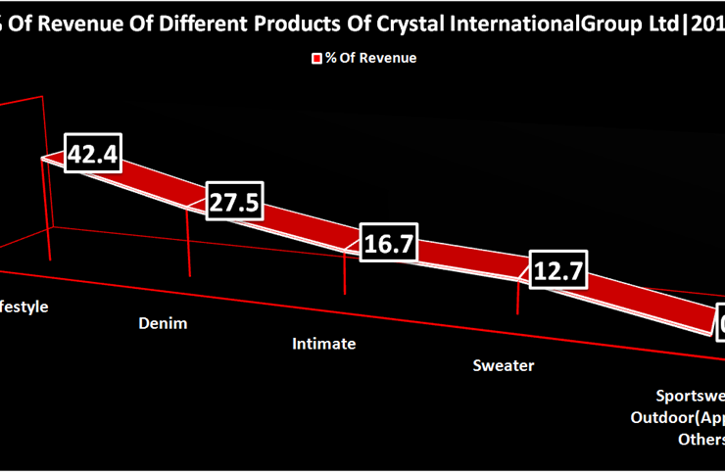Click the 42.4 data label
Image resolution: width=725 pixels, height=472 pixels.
92,154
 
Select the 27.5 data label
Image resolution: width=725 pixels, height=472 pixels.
233,203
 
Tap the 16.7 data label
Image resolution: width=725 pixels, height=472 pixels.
388,244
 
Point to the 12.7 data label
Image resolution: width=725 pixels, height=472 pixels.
556,270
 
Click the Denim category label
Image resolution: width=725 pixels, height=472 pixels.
163,322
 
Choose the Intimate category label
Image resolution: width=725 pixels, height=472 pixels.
324,344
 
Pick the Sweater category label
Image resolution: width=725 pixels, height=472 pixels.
504,365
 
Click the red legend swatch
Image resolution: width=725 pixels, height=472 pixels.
316,59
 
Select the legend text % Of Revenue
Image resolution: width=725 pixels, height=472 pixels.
371,58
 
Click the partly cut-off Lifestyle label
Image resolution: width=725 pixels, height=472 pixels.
24,307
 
